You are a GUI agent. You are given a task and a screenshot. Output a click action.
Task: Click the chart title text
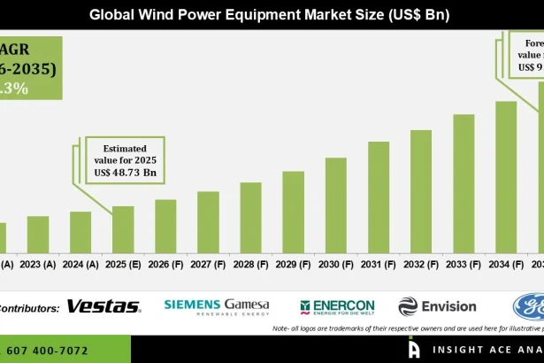pos(272,15)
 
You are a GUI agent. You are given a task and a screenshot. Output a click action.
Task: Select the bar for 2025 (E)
pos(123,229)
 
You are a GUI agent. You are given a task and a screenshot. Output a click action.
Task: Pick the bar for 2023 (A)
pos(38,235)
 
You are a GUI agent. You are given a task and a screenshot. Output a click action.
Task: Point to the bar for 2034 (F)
pos(506,177)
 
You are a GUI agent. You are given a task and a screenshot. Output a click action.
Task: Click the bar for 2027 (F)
pos(208,222)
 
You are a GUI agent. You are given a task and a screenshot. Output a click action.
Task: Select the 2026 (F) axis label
pos(165,264)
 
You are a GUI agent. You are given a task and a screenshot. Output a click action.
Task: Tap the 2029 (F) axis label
pos(293,264)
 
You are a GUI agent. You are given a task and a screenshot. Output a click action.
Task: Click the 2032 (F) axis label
pos(421,264)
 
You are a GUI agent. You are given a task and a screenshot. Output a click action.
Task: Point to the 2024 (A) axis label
pos(80,264)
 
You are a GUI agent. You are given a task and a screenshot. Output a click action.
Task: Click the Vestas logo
pos(103,306)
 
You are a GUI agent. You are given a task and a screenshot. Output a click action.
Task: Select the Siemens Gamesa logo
pos(217,306)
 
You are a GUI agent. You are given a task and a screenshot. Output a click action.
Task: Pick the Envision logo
pos(437,306)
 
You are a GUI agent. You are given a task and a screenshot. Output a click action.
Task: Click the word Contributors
pos(29,307)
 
